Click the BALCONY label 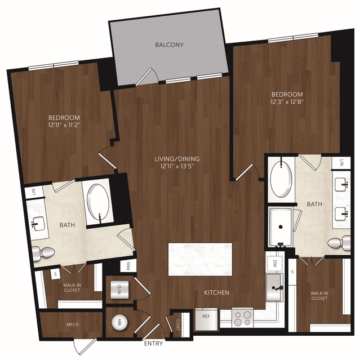click(169, 45)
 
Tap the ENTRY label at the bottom click(154, 344)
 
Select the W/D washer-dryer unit click(119, 289)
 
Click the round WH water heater click(119, 323)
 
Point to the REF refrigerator click(206, 319)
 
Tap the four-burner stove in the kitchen click(242, 318)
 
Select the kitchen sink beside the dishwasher click(275, 287)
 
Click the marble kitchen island click(200, 259)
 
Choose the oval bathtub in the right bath click(281, 179)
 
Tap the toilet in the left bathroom click(43, 254)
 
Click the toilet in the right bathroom click(339, 243)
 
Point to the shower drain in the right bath click(281, 227)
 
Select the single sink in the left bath click(38, 223)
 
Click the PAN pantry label click(128, 266)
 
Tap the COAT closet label click(178, 325)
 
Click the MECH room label click(72, 325)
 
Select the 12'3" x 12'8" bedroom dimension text click(287, 102)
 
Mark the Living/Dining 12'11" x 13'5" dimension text click(177, 166)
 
